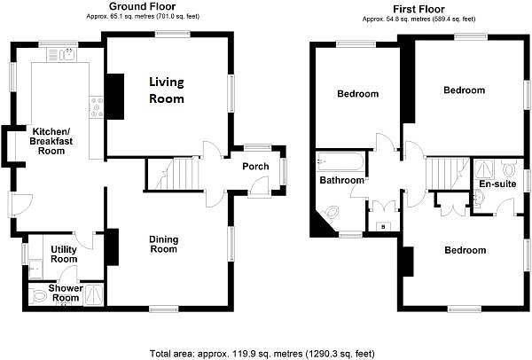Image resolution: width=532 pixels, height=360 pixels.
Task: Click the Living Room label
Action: (167, 90)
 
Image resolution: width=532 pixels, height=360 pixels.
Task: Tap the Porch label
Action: (255, 167)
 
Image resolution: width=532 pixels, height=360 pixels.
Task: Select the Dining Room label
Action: (163, 245)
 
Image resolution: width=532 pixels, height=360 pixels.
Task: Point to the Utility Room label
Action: (64, 254)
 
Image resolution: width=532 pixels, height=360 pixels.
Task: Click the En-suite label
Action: (497, 184)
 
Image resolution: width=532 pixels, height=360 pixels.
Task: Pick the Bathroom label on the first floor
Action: (341, 180)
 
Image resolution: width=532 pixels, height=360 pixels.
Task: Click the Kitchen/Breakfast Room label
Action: (51, 141)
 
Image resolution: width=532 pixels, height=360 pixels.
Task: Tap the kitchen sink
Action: (62, 55)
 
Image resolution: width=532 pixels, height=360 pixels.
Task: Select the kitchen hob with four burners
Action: (96, 107)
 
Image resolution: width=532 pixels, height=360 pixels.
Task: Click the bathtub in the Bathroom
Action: (340, 161)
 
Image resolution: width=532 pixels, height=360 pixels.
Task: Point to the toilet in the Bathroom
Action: (330, 213)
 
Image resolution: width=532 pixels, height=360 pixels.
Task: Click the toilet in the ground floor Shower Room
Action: (37, 296)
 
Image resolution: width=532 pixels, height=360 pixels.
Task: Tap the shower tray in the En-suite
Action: (486, 168)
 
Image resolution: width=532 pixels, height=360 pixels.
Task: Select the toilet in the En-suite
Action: (509, 168)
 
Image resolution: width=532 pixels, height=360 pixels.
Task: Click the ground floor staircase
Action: (173, 174)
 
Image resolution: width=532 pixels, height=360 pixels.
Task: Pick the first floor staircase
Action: (448, 174)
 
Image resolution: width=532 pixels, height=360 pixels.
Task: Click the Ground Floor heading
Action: (143, 6)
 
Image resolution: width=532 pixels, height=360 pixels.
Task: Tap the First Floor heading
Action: (419, 9)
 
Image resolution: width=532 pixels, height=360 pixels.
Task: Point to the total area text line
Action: (262, 354)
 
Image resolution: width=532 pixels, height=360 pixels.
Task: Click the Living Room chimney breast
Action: (115, 97)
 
